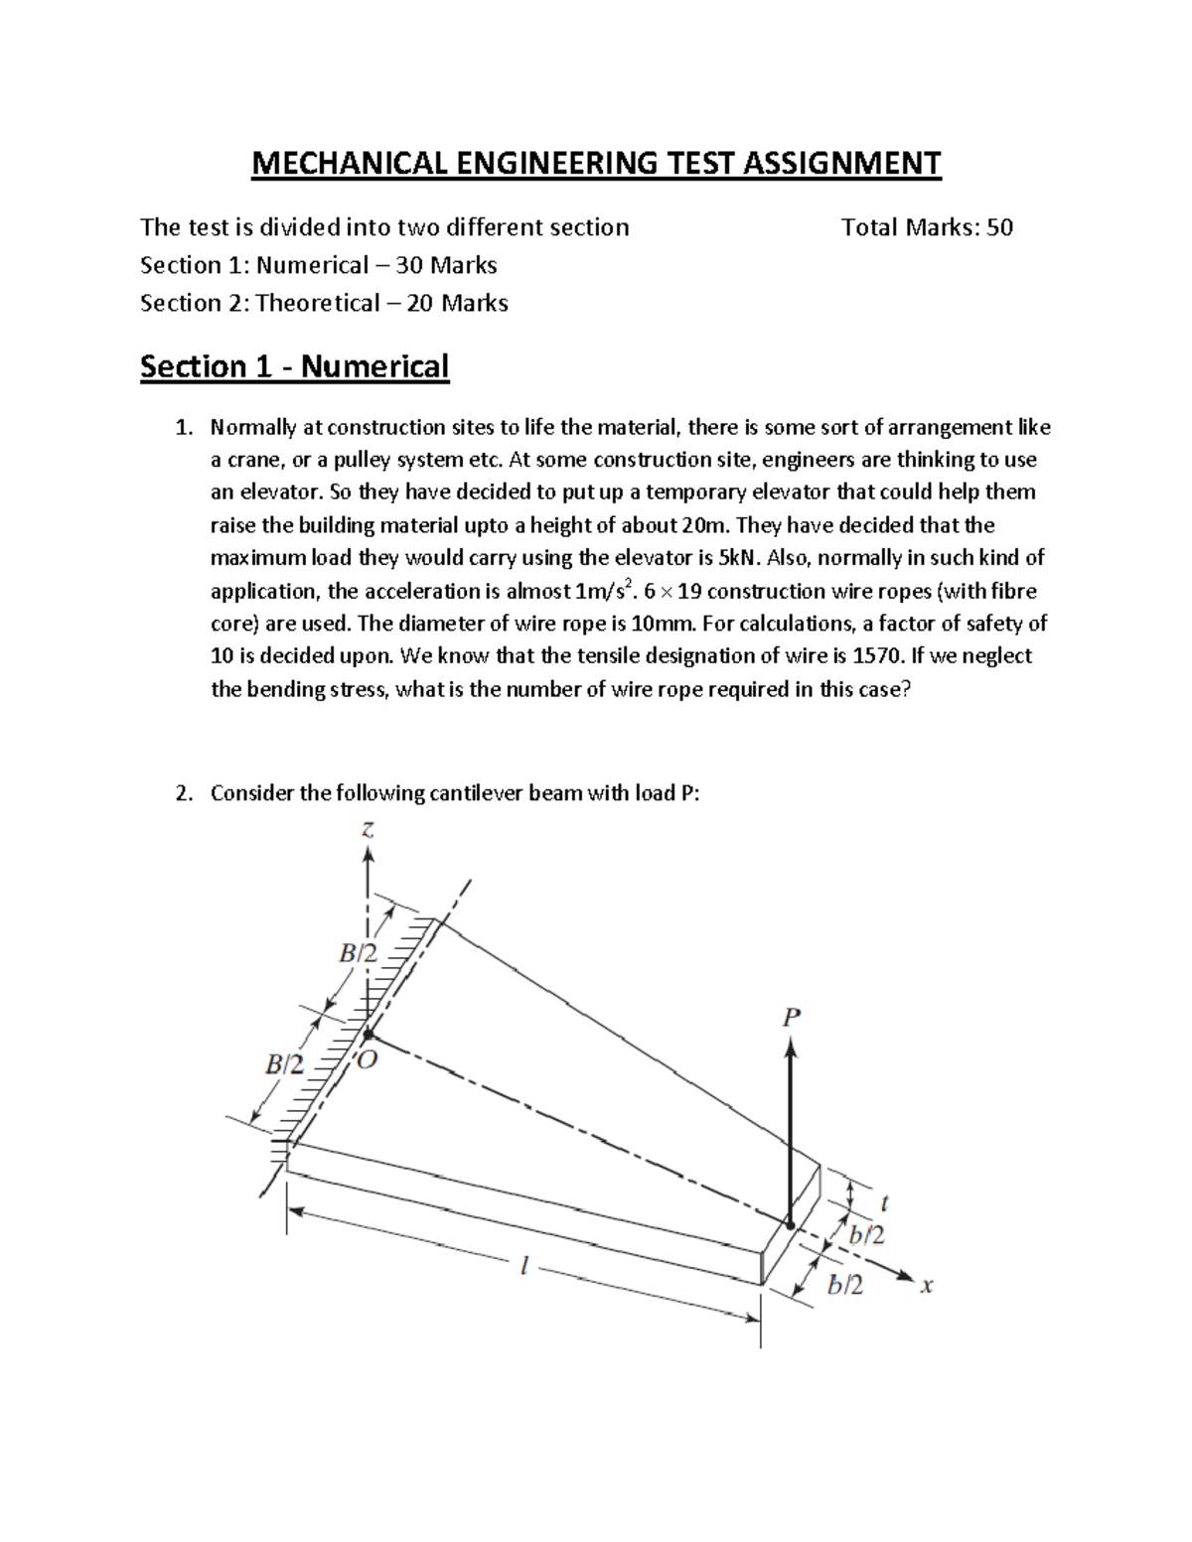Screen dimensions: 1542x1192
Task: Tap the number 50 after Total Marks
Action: pos(999,227)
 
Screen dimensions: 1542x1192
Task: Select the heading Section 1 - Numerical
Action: pos(294,366)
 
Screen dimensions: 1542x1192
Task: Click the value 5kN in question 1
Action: pos(739,557)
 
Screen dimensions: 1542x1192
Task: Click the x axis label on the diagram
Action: pos(926,1286)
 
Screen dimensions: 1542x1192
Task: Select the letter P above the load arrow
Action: pos(791,1017)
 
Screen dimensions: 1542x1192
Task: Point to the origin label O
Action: pos(368,1059)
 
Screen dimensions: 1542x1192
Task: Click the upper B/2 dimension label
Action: pos(358,953)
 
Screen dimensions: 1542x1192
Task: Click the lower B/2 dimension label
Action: pos(284,1065)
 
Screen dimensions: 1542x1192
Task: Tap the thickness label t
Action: pos(884,1202)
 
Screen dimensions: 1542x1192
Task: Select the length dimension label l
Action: pos(523,1266)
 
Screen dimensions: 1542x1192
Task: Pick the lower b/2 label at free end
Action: pos(845,1285)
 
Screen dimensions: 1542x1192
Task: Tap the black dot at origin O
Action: pos(368,1035)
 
